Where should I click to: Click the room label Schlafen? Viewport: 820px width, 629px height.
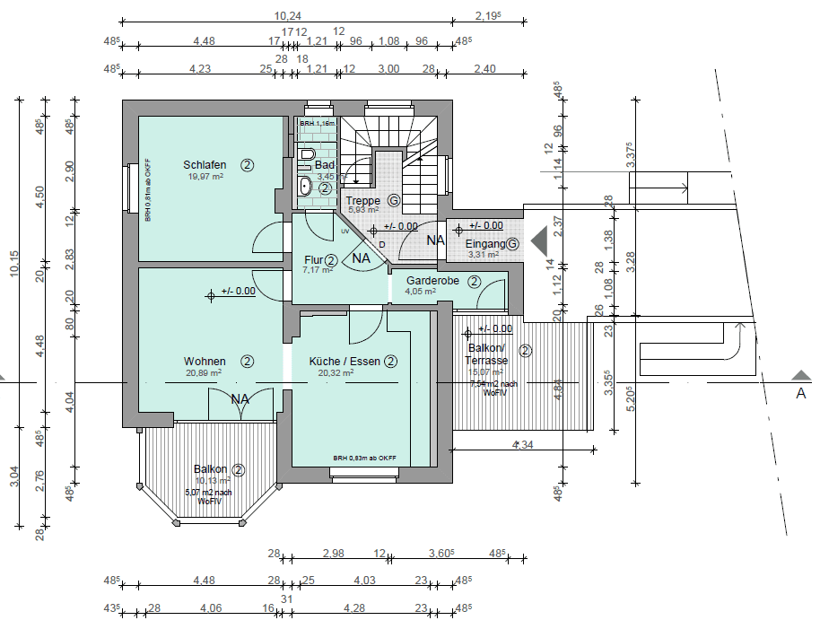pyautogui.click(x=205, y=165)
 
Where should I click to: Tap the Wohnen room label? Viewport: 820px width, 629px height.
pyautogui.click(x=205, y=362)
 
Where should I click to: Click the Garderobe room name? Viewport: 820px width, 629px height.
pyautogui.click(x=432, y=281)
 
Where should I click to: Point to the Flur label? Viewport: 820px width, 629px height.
pyautogui.click(x=312, y=260)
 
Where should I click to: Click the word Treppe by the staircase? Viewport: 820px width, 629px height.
pyautogui.click(x=363, y=200)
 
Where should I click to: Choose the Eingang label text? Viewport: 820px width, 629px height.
pyautogui.click(x=485, y=244)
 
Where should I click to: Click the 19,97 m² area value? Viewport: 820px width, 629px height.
pyautogui.click(x=205, y=177)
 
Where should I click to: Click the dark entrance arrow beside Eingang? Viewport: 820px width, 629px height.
pyautogui.click(x=539, y=240)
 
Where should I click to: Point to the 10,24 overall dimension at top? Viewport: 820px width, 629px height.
pyautogui.click(x=286, y=15)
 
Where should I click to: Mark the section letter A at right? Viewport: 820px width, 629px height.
pyautogui.click(x=800, y=393)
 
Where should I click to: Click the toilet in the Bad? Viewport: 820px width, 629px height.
pyautogui.click(x=307, y=155)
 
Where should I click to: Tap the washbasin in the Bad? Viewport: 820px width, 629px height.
pyautogui.click(x=304, y=187)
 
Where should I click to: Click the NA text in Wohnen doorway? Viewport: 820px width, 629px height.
pyautogui.click(x=240, y=399)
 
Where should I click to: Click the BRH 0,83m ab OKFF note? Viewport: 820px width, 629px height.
pyautogui.click(x=364, y=459)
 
